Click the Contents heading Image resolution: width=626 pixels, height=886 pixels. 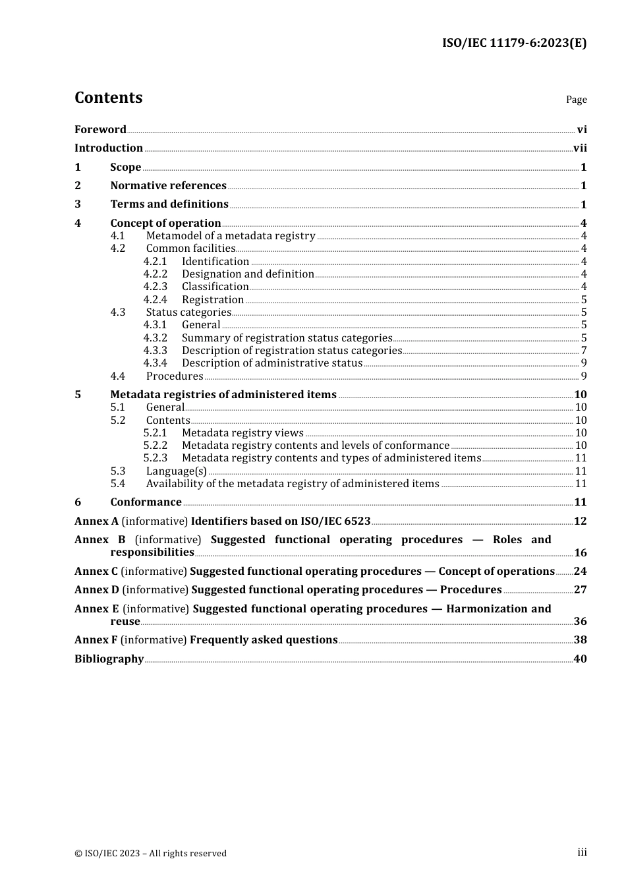108,98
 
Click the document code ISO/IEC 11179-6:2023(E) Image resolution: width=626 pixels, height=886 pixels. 514,43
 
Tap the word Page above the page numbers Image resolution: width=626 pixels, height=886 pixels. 576,100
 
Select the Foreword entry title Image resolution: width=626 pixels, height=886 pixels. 100,130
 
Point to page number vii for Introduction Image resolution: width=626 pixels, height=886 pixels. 580,148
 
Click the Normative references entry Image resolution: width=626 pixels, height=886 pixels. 168,186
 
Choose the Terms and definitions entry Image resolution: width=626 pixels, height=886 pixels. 169,204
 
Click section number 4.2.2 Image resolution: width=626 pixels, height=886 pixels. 156,274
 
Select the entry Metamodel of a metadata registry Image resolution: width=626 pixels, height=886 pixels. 231,236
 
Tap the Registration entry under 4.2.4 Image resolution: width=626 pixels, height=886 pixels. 213,300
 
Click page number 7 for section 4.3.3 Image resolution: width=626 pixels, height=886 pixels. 584,351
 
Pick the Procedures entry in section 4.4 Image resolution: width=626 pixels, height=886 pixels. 175,376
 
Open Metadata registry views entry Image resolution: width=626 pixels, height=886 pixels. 242,433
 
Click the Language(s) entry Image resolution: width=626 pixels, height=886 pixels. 176,471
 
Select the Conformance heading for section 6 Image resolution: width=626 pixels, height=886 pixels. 146,502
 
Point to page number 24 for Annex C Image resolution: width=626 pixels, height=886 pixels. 580,572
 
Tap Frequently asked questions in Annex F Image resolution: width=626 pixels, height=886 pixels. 264,640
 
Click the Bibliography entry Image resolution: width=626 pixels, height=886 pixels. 109,659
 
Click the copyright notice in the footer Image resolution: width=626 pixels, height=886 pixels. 150,854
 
